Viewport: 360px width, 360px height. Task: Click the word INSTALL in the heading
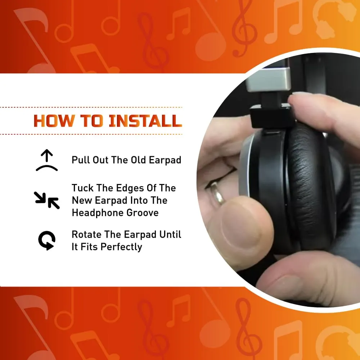145,121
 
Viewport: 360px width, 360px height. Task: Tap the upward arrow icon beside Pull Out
47,160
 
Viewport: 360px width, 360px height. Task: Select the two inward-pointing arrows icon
47,200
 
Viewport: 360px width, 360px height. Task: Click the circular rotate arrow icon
47,240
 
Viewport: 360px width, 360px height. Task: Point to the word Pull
81,160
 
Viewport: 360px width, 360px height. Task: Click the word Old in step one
138,160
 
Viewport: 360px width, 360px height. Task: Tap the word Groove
143,213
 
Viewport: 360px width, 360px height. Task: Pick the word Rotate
86,235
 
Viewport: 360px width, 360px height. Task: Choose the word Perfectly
121,247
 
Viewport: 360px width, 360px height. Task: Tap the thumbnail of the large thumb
241,232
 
